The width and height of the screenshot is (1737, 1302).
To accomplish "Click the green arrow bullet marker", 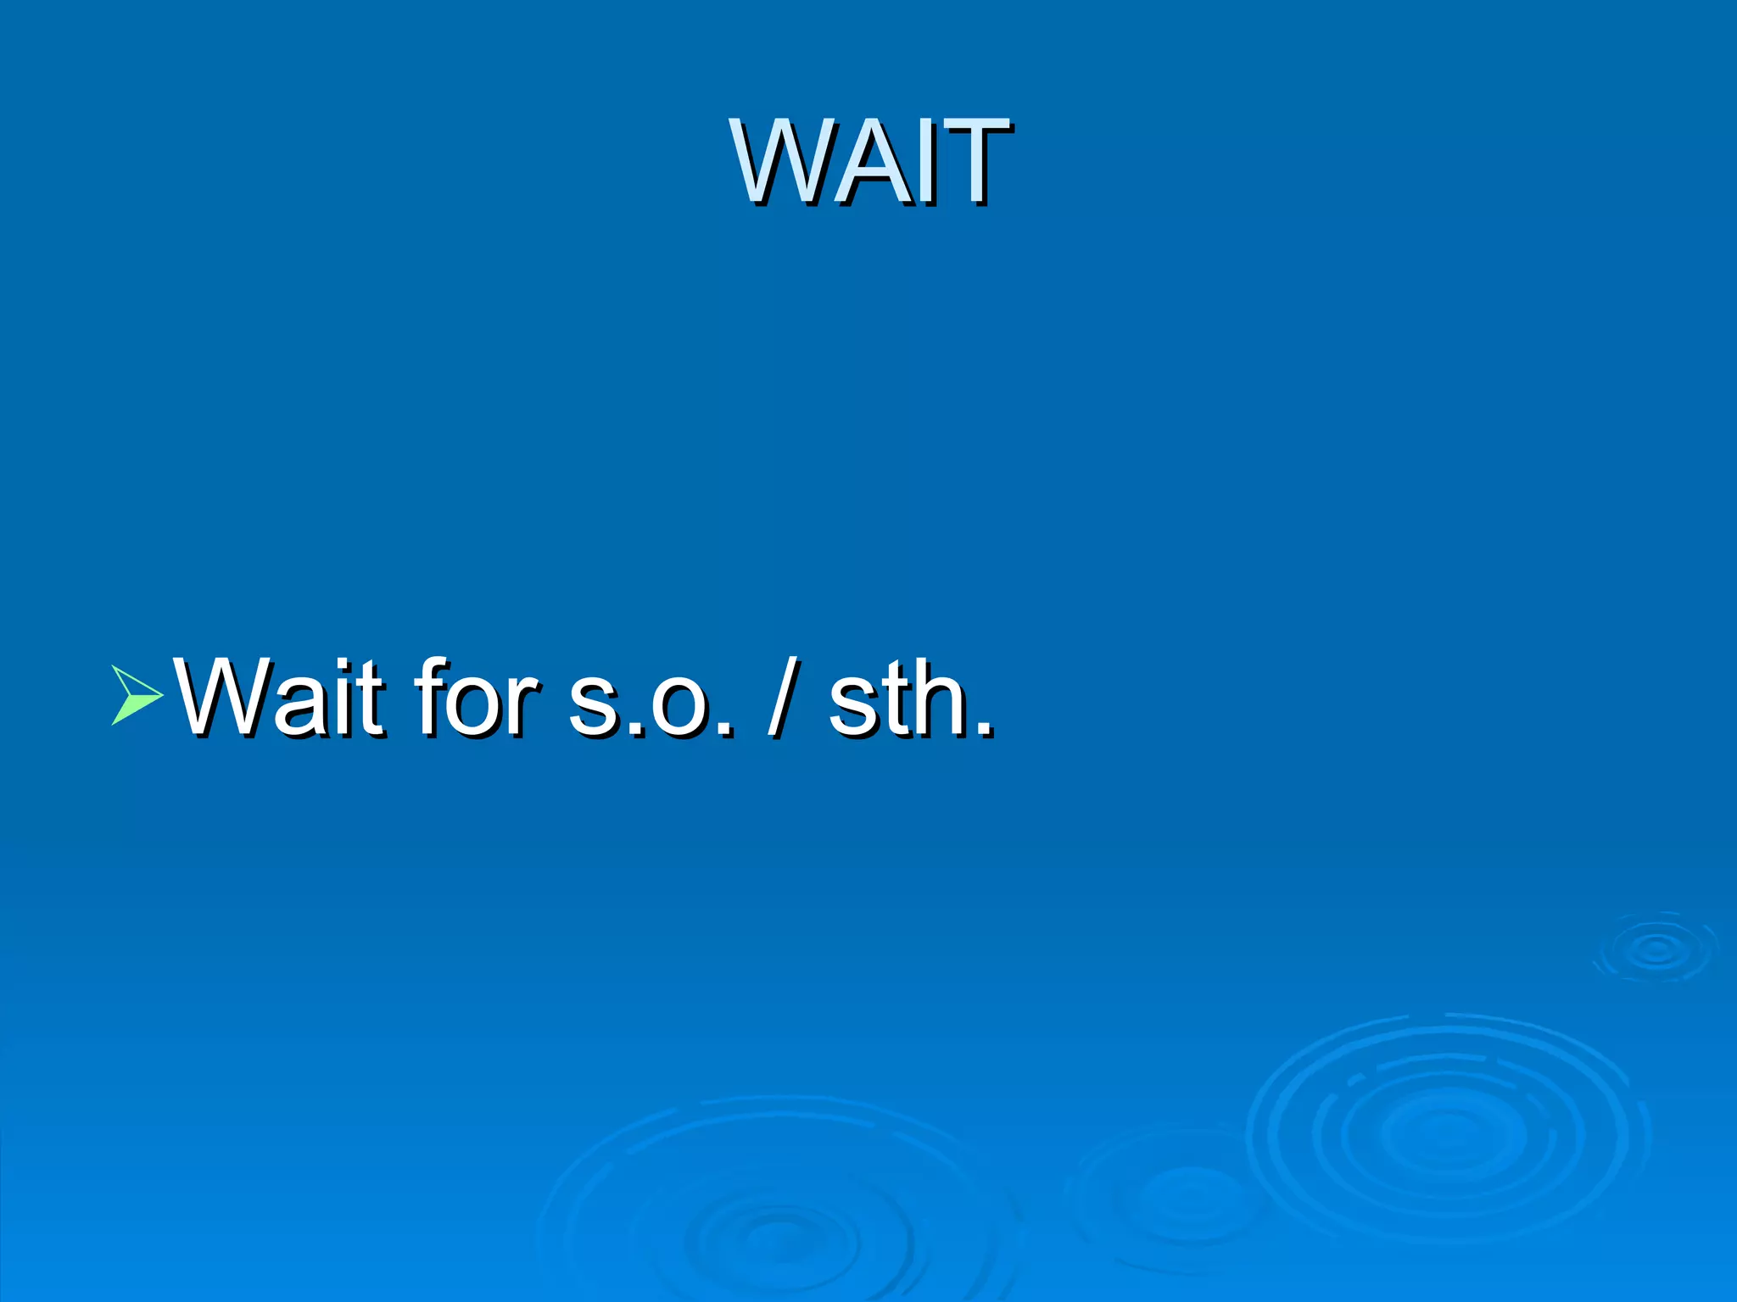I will click(x=136, y=695).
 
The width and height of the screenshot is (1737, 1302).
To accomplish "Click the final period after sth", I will click(x=985, y=729).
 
